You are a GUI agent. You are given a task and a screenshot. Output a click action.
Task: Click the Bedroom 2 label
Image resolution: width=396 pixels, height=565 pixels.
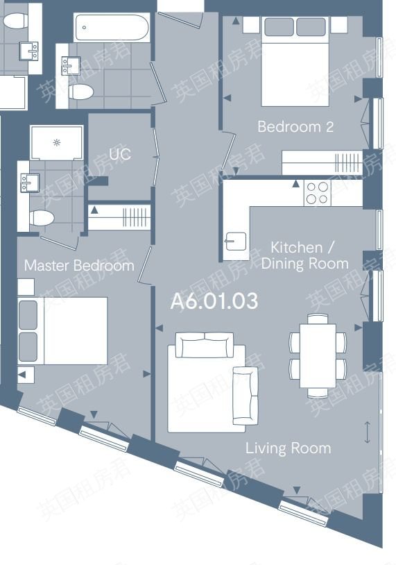(x=295, y=126)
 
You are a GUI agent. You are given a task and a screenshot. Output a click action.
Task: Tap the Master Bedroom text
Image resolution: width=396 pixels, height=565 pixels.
(x=79, y=266)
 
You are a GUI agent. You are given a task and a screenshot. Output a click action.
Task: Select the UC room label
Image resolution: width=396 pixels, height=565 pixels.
(x=120, y=154)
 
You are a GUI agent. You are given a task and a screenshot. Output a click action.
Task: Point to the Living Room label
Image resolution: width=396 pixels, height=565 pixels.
(x=288, y=448)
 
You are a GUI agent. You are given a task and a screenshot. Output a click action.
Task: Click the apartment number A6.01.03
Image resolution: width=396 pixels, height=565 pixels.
(x=214, y=301)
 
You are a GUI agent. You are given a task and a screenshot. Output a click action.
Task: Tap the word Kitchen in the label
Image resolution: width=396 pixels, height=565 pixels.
(x=296, y=248)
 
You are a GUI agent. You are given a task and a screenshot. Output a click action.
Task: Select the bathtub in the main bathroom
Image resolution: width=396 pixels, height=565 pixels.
(x=111, y=28)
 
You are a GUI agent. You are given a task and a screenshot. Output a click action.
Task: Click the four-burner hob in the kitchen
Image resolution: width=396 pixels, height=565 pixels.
(x=317, y=192)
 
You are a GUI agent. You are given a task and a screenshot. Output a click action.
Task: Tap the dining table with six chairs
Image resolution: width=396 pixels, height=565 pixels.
(x=318, y=355)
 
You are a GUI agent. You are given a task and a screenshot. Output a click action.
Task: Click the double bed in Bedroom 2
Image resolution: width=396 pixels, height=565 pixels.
(x=295, y=62)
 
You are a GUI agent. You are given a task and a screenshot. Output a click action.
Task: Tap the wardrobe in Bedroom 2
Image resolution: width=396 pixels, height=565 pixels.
(x=322, y=163)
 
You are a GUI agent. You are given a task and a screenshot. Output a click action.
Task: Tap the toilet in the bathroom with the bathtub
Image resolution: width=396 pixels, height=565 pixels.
(x=81, y=92)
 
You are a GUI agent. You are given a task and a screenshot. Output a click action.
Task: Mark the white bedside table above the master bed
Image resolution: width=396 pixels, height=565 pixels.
(x=26, y=287)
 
